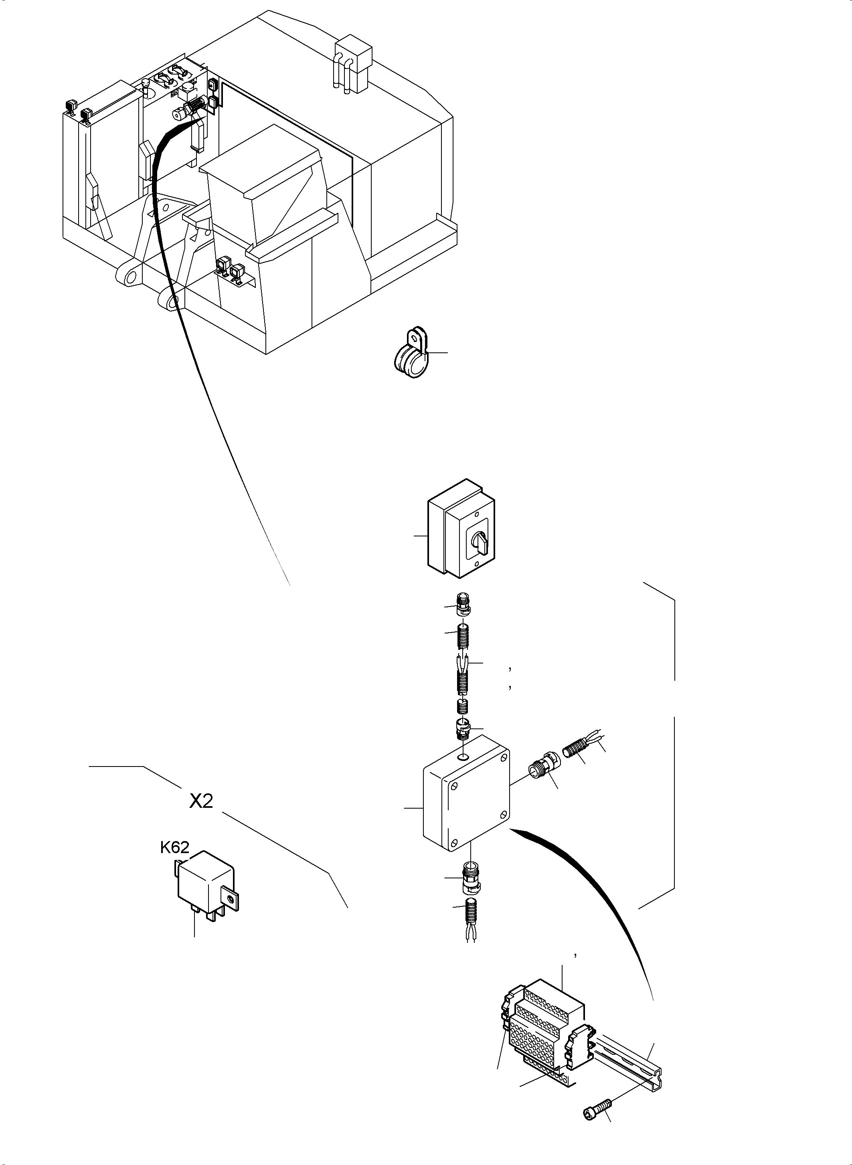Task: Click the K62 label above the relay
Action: [x=174, y=847]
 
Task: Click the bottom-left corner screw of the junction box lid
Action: [x=452, y=842]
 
